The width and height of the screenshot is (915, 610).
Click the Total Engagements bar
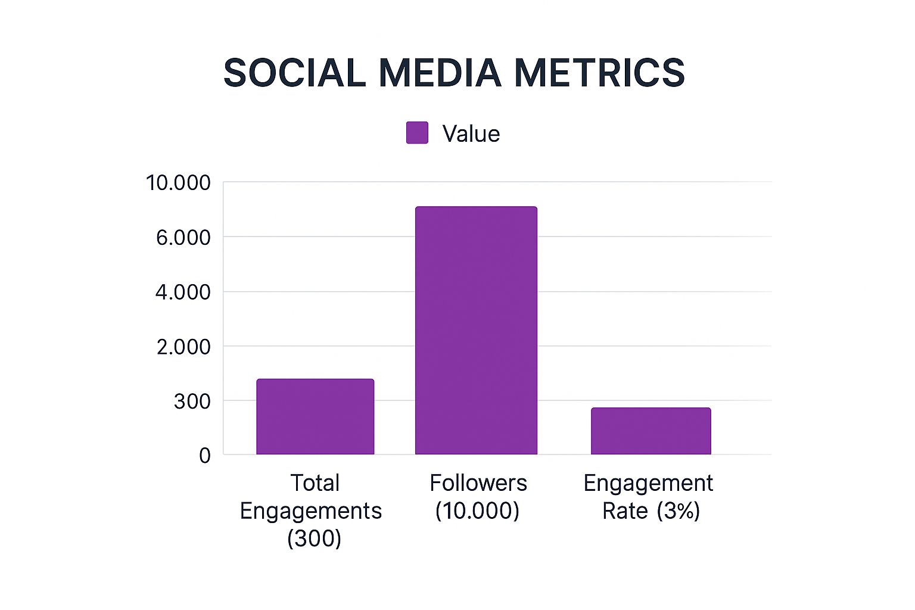coord(315,416)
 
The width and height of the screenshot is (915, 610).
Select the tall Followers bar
coord(476,331)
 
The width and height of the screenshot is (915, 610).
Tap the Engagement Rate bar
coord(651,431)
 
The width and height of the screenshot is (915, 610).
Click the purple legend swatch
coord(417,133)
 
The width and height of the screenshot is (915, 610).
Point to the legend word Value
coord(471,134)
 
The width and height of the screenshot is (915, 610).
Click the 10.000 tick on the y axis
coord(178,183)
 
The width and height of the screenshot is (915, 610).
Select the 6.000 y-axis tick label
coord(183,238)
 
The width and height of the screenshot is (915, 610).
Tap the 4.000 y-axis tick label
coord(183,292)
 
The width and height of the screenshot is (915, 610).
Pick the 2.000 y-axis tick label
coord(183,347)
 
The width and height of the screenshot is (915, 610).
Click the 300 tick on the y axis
coord(192,402)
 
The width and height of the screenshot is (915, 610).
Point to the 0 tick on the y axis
coord(205,456)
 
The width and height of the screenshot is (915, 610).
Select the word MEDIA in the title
coord(440,73)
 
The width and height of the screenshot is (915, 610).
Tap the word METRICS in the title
coord(599,73)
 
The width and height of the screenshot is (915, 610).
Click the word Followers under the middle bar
coord(478,483)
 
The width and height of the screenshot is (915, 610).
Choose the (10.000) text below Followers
coord(477,511)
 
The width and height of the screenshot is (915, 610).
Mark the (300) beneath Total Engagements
coord(314,539)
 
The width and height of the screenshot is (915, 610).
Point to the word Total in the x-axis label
coord(315,483)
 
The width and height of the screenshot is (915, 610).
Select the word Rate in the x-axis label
coord(625,511)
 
